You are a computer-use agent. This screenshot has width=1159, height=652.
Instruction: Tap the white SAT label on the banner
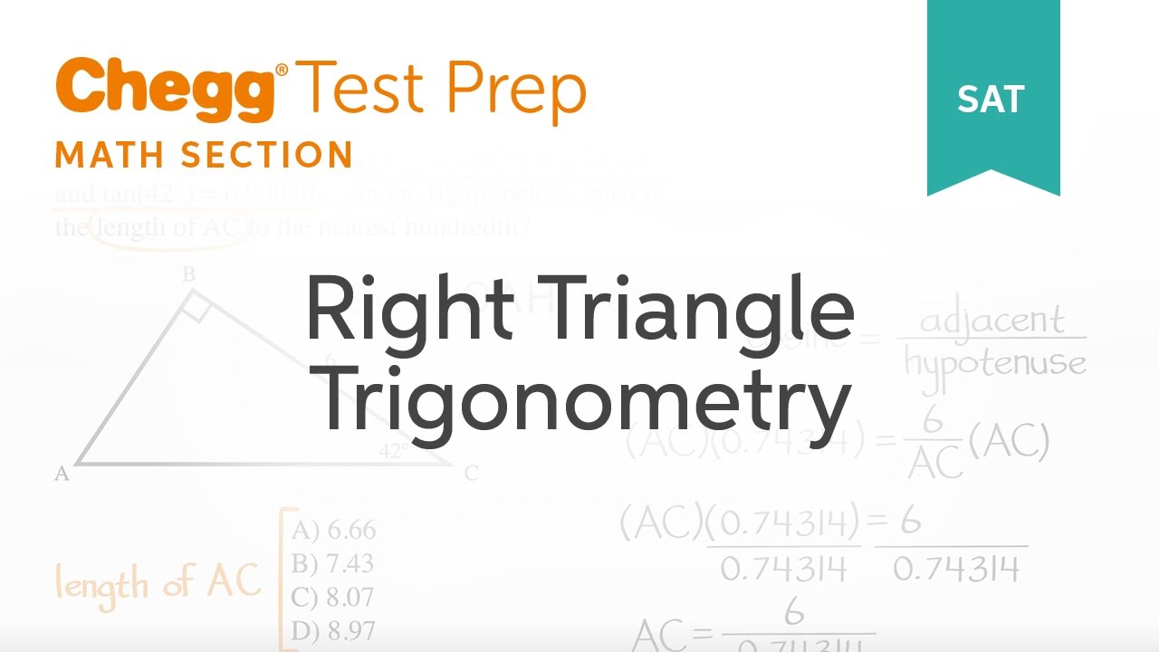991,100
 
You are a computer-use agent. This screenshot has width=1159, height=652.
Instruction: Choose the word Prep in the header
512,91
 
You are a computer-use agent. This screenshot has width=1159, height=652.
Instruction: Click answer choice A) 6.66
333,530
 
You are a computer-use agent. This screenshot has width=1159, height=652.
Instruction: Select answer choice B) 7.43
333,563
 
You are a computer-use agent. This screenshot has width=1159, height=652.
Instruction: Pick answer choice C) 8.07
333,598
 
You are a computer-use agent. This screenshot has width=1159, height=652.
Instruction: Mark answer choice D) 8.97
333,630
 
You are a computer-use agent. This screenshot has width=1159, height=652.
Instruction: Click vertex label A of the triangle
62,474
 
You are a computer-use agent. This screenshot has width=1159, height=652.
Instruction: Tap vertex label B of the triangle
189,273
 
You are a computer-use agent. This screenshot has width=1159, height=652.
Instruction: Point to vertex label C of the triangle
471,473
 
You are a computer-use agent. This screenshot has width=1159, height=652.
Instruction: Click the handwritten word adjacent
992,321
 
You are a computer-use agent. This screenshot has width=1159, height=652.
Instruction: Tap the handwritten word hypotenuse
994,364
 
